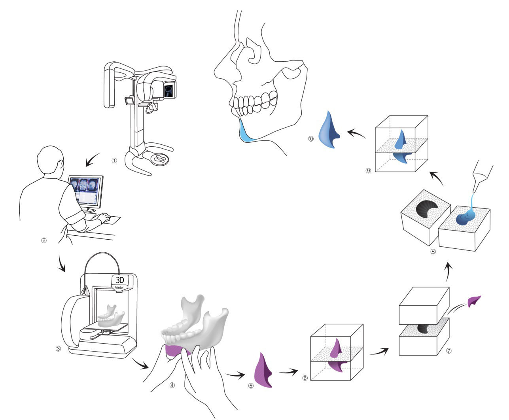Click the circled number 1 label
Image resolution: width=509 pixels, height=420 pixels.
[x=114, y=161]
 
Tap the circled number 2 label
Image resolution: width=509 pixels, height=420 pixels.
[x=44, y=240]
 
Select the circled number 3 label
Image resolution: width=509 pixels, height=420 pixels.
[x=58, y=349]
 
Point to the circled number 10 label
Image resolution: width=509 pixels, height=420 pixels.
[x=311, y=139]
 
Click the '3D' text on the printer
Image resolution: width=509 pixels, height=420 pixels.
[x=119, y=280]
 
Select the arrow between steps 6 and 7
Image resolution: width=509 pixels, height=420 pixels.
[x=379, y=351]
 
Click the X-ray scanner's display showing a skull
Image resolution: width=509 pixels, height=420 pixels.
[x=169, y=90]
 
